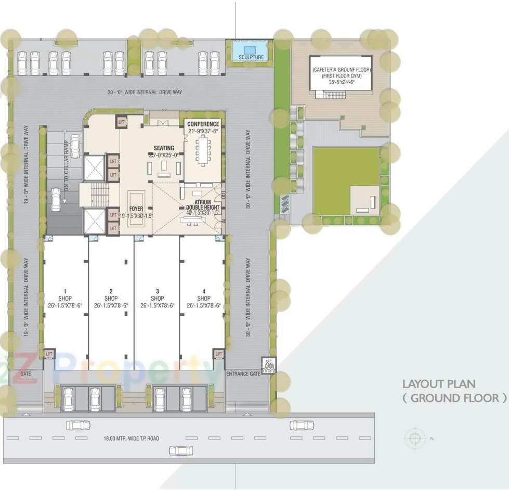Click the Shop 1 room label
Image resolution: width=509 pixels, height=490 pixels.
65,298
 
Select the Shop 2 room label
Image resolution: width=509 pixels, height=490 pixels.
111,298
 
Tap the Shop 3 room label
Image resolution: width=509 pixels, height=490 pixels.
157,298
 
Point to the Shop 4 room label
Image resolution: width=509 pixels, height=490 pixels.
204,298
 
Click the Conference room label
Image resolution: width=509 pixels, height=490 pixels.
203,124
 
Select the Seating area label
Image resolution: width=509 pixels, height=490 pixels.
164,148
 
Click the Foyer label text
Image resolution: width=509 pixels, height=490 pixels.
136,209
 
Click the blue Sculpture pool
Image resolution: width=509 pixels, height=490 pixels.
249,51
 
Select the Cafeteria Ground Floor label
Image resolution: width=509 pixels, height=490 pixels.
341,69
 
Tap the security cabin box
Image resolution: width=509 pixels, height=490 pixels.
269,365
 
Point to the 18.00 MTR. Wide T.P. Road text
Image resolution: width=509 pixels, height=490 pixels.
131,439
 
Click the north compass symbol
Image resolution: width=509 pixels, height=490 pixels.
414,438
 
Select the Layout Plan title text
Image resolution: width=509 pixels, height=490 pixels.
454,391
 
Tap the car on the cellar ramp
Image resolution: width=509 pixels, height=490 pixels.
56,197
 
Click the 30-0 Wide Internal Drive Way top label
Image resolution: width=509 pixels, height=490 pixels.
145,92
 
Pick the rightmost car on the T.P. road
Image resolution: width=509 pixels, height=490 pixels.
302,425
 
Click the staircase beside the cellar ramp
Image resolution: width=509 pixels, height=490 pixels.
97,195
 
